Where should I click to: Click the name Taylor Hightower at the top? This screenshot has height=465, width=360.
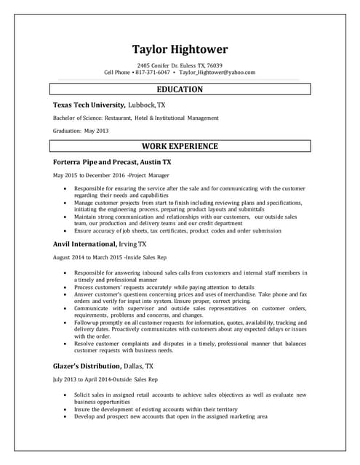(180, 49)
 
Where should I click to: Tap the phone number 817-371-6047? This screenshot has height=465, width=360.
(153, 73)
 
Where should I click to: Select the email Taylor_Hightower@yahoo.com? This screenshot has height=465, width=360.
(217, 73)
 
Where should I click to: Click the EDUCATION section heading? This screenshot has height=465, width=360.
(180, 89)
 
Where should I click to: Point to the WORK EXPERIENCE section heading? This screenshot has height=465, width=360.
(180, 146)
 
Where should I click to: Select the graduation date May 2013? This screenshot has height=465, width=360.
(97, 131)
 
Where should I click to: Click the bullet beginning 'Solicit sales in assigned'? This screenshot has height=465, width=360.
(190, 395)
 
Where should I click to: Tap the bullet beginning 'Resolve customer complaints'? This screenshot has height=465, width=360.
(190, 344)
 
